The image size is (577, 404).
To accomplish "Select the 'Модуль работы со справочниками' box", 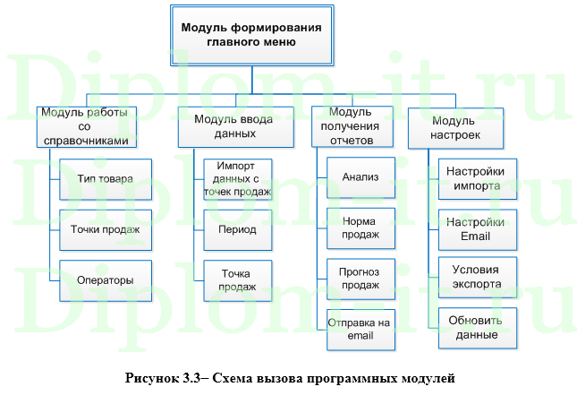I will (x=88, y=126).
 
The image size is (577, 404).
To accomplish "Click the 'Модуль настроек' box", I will (x=455, y=126).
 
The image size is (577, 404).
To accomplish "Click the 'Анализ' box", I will (x=361, y=177).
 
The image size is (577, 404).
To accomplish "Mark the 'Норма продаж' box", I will (x=361, y=228).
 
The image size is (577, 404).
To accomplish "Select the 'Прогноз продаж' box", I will (x=361, y=279).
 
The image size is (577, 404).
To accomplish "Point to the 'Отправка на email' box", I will (x=361, y=330).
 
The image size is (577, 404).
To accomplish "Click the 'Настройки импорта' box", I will (x=475, y=177).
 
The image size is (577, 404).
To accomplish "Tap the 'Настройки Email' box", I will (x=475, y=229).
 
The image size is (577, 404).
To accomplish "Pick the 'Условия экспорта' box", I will (x=475, y=278).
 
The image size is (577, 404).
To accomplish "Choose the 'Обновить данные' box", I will (x=475, y=328).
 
